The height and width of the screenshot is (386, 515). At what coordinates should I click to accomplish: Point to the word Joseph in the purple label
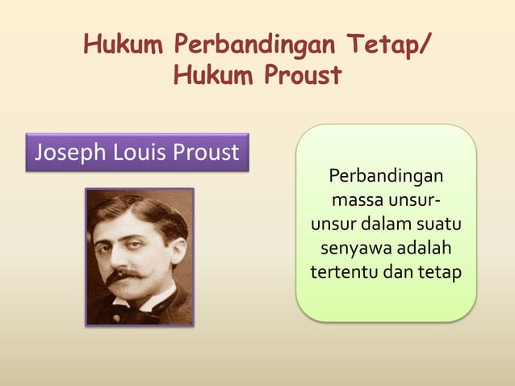coord(65,152)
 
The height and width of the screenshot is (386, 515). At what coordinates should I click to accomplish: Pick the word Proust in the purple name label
coord(205,152)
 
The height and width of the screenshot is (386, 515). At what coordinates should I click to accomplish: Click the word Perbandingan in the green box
coord(386,175)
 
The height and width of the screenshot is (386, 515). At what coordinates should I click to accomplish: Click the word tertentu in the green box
coord(343,271)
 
